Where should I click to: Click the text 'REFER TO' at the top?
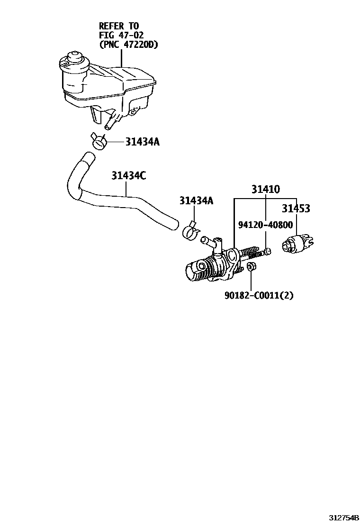pyautogui.click(x=119, y=26)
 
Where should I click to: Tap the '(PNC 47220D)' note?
pyautogui.click(x=128, y=45)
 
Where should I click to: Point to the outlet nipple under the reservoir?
pyautogui.click(x=109, y=124)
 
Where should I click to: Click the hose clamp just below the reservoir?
pyautogui.click(x=99, y=140)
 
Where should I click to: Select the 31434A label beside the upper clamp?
pyautogui.click(x=142, y=142)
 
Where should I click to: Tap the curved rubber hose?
pyautogui.click(x=118, y=201)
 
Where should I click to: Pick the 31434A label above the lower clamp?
pyautogui.click(x=196, y=200)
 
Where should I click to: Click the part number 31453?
pyautogui.click(x=296, y=209)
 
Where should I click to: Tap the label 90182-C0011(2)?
pyautogui.click(x=259, y=295)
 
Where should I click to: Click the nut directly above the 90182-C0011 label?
pyautogui.click(x=252, y=267)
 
